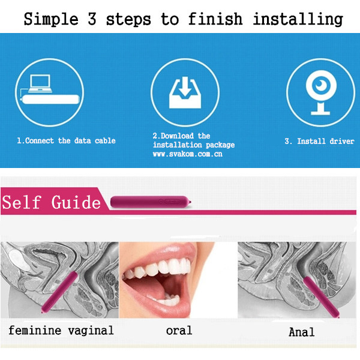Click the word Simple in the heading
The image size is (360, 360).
(51, 19)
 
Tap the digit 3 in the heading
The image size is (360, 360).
(92, 19)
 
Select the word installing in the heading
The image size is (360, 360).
(298, 19)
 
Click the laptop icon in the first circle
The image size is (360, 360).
(40, 83)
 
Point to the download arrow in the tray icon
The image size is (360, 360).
(185, 86)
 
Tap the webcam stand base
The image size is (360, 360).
(320, 113)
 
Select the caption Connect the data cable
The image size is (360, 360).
(70, 140)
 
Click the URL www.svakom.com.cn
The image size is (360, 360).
(188, 154)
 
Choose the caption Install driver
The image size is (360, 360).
(326, 141)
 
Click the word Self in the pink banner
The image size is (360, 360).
(22, 202)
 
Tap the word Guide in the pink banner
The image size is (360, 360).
(76, 202)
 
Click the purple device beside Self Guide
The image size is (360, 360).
(151, 202)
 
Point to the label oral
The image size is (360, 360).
(179, 331)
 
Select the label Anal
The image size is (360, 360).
(301, 332)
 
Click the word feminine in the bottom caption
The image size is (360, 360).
(35, 331)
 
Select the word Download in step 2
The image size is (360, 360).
(177, 136)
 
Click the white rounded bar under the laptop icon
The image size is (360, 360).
(51, 100)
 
